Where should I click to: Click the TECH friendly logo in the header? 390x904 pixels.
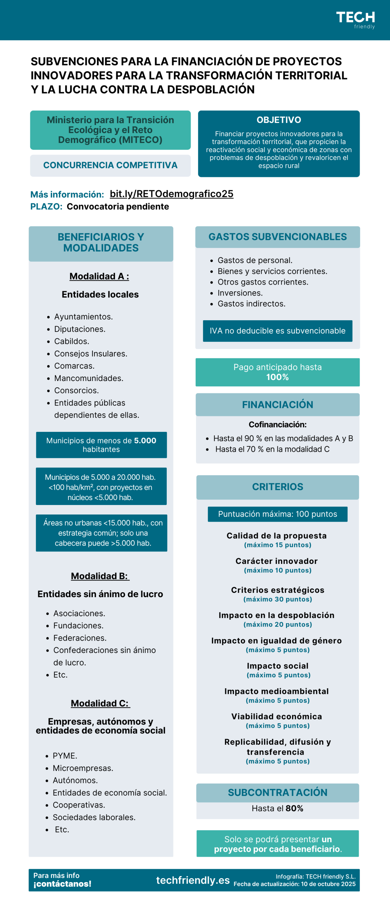tap(355, 20)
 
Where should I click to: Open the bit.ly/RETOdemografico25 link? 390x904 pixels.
tap(171, 194)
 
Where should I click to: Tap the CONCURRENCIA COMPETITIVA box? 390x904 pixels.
tap(110, 165)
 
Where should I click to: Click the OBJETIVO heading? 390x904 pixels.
tap(279, 120)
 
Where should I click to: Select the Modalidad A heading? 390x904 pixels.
tap(99, 276)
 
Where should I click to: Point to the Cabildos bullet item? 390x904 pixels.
tap(72, 341)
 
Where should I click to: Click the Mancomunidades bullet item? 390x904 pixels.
tap(89, 378)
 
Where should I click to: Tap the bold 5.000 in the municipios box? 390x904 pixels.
tap(145, 440)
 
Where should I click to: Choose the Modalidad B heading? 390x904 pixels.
tap(100, 576)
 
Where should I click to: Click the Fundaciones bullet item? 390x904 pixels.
tap(78, 625)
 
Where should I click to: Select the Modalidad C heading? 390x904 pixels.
tap(100, 703)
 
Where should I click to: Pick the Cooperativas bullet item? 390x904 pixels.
tap(79, 805)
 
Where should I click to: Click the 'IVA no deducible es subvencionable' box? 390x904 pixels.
tap(278, 331)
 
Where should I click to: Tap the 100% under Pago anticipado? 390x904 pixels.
tap(278, 377)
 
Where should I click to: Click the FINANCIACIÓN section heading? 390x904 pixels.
tap(278, 405)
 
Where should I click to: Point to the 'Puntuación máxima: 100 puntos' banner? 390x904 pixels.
tap(278, 514)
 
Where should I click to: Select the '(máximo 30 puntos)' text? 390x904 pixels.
tap(278, 599)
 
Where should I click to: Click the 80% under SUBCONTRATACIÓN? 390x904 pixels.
tap(294, 808)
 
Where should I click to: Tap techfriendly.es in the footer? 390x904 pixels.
tap(193, 880)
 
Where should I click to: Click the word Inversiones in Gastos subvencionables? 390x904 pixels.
tap(240, 293)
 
